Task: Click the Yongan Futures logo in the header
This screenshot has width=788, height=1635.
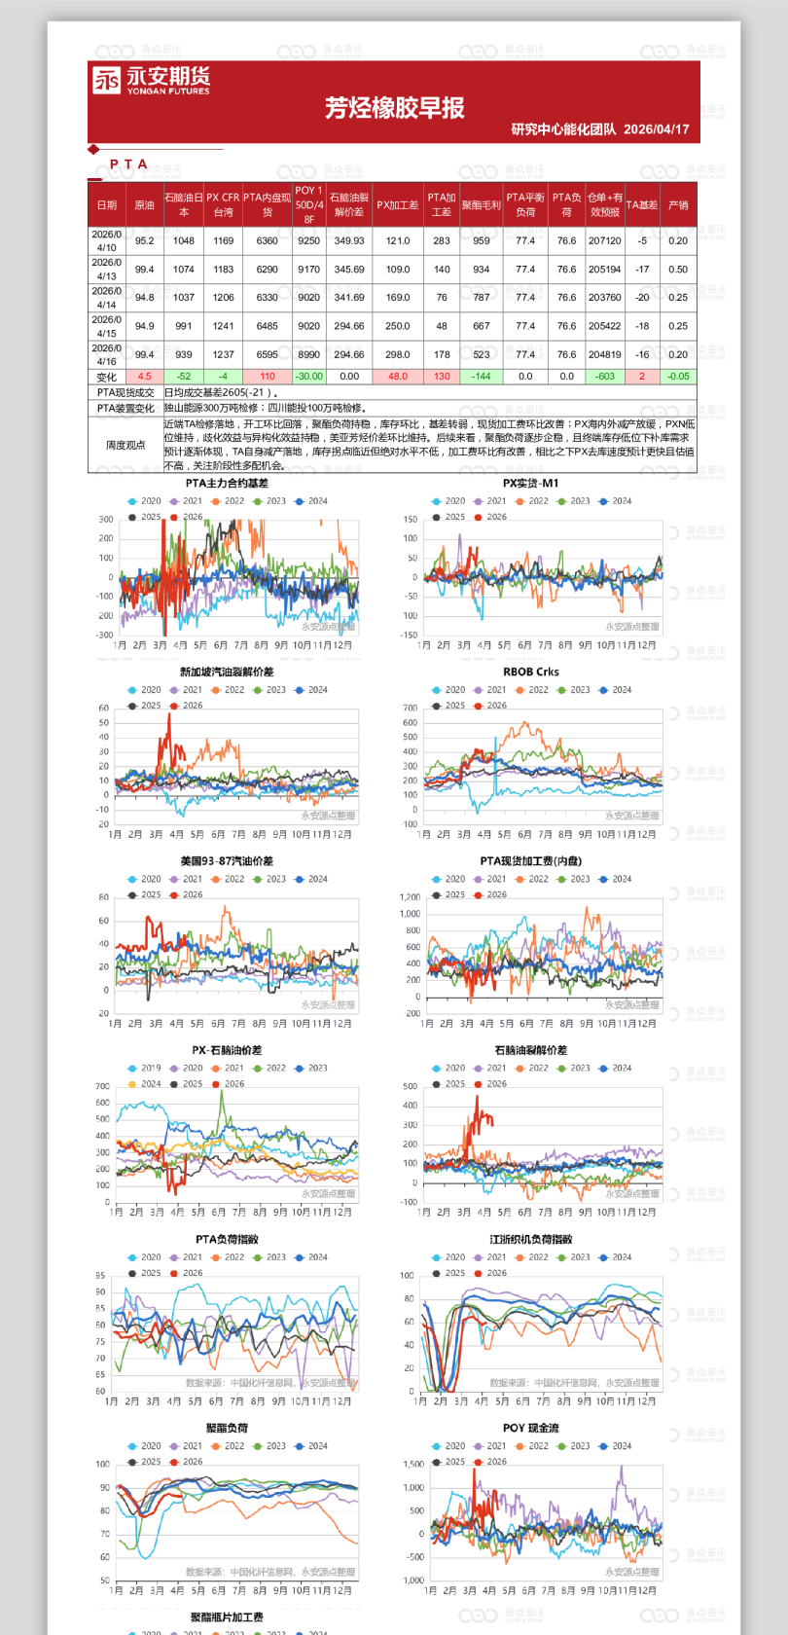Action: [151, 80]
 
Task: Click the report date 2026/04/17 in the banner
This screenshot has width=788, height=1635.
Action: [656, 129]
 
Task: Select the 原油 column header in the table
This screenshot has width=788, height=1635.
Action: [144, 205]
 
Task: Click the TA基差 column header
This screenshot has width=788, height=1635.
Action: [642, 205]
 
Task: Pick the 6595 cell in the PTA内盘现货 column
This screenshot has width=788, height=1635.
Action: [268, 355]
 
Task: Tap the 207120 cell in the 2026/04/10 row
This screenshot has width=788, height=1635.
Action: [604, 241]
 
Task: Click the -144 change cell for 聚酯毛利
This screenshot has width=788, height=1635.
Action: [482, 377]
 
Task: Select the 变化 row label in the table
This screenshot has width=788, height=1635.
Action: [106, 377]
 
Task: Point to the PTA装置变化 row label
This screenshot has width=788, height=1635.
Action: [125, 409]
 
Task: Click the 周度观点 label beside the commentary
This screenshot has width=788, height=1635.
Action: [125, 445]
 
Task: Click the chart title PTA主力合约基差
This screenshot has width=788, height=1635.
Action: [227, 484]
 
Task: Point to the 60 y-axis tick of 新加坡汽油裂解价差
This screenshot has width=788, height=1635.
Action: [104, 708]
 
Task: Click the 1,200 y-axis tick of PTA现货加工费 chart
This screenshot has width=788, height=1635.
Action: [410, 897]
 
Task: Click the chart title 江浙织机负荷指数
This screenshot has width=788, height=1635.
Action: [531, 1240]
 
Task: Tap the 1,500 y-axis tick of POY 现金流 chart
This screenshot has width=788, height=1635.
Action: [413, 1464]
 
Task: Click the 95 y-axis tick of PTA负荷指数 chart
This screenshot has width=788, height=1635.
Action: [100, 1276]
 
